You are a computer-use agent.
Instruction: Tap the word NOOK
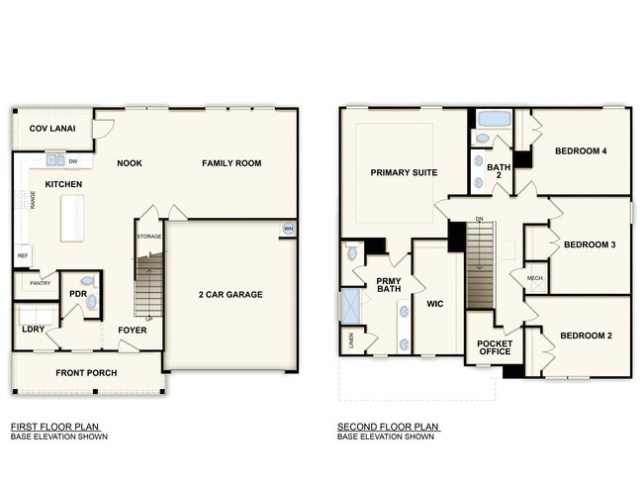tap(130, 163)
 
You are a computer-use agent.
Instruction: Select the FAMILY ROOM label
tap(231, 163)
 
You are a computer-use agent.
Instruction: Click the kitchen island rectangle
tap(72, 218)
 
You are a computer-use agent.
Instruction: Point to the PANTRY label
tap(40, 283)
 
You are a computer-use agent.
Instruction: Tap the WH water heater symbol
tap(288, 229)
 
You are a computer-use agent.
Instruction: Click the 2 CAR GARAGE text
tap(230, 295)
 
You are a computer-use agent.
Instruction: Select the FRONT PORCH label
tap(87, 373)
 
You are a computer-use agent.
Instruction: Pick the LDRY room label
tap(35, 329)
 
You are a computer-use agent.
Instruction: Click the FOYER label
tap(132, 330)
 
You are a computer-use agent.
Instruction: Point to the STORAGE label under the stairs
tap(149, 237)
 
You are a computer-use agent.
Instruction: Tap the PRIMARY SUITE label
tap(404, 173)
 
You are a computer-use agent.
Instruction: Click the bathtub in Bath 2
tap(493, 120)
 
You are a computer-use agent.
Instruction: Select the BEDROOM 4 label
tap(580, 151)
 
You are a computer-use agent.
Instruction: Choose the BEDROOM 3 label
tap(590, 244)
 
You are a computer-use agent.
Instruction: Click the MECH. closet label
tap(535, 278)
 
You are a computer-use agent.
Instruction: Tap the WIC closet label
tap(436, 304)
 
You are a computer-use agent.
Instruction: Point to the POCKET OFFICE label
tap(495, 348)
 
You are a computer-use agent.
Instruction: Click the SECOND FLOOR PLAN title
tap(388, 427)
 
